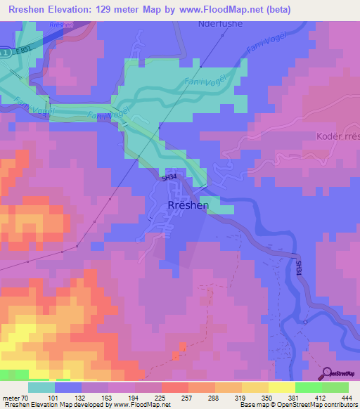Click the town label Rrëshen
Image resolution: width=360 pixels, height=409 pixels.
point(188,204)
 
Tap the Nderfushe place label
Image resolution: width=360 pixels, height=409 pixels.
point(217,23)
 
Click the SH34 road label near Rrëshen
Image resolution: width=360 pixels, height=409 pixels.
point(169,179)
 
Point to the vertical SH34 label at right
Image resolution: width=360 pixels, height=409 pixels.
point(299,267)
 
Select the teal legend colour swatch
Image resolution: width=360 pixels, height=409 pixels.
point(41,387)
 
